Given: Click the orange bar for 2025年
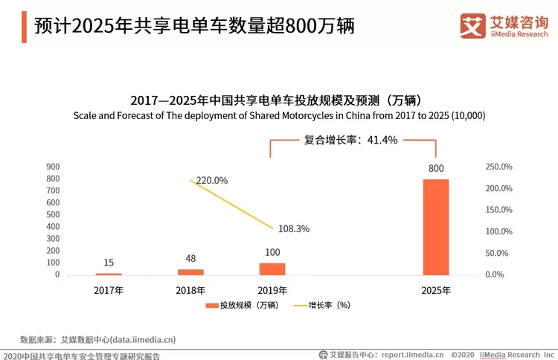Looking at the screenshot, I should tap(436, 227).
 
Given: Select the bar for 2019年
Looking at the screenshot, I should tap(272, 269).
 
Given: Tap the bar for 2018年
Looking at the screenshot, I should tap(190, 272).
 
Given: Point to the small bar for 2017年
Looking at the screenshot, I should tap(109, 274).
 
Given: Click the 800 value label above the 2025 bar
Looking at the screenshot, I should tap(436, 168).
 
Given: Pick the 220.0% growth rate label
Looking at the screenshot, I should tap(212, 180).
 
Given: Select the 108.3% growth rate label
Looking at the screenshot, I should tap(293, 229).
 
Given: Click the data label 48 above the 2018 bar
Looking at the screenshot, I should tap(190, 258).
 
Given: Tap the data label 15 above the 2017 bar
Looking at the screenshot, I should tap(109, 263).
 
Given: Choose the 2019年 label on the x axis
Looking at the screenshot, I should tap(272, 290).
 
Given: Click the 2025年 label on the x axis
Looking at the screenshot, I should tap(436, 290).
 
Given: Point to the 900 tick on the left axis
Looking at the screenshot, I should tap(53, 167).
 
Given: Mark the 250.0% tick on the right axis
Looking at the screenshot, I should tap(498, 167).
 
